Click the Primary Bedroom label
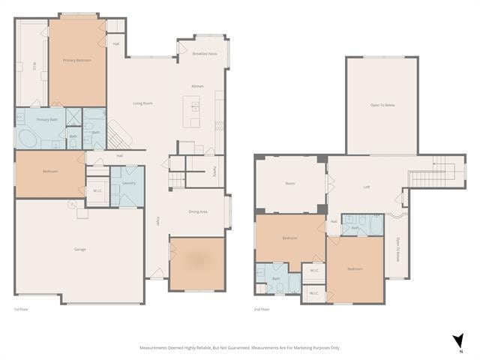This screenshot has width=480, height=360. pyautogui.click(x=77, y=60)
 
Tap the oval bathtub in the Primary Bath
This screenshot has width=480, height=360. pyautogui.click(x=27, y=139)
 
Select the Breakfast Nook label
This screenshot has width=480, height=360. pyautogui.click(x=204, y=54)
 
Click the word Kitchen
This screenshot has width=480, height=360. pyautogui.click(x=198, y=86)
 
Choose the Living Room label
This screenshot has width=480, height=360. pyautogui.click(x=142, y=103)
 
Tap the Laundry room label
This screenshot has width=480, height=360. pyautogui.click(x=127, y=182)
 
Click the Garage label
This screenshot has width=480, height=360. pyautogui.click(x=79, y=249)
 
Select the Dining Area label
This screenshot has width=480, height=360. pyautogui.click(x=198, y=211)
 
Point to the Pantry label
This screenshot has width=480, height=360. pyautogui.click(x=215, y=171)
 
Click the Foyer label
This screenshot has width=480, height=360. pyautogui.click(x=157, y=220)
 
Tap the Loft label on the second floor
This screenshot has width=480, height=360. pyautogui.click(x=367, y=187)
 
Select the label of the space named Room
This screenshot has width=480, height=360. pyautogui.click(x=290, y=183)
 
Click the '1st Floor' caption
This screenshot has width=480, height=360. pyautogui.click(x=21, y=309)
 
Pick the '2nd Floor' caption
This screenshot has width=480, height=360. pyautogui.click(x=262, y=309)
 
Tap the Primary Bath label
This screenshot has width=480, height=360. pyautogui.click(x=47, y=119)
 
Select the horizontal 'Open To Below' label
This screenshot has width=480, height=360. pyautogui.click(x=382, y=105)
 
